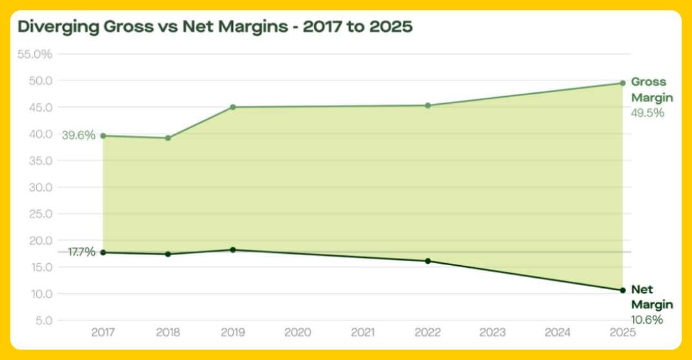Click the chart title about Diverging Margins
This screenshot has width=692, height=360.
(215, 27)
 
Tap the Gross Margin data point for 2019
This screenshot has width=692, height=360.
(233, 107)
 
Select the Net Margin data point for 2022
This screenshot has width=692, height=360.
(427, 261)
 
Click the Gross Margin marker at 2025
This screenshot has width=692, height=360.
(622, 83)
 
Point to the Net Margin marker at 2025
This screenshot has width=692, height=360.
(622, 290)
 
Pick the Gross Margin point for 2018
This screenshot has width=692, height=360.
(168, 137)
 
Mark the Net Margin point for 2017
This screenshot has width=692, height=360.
(103, 252)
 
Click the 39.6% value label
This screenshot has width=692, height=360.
(79, 135)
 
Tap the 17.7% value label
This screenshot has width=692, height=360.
(81, 252)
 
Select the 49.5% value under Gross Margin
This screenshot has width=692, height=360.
(647, 113)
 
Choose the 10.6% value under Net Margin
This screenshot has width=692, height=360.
(647, 319)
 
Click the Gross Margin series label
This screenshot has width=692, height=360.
(651, 90)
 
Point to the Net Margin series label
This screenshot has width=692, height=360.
(651, 297)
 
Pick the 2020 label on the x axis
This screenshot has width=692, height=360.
(298, 333)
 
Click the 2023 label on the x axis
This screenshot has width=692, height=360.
(493, 333)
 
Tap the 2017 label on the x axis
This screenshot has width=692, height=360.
(103, 333)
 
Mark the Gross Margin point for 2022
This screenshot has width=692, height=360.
(427, 105)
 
